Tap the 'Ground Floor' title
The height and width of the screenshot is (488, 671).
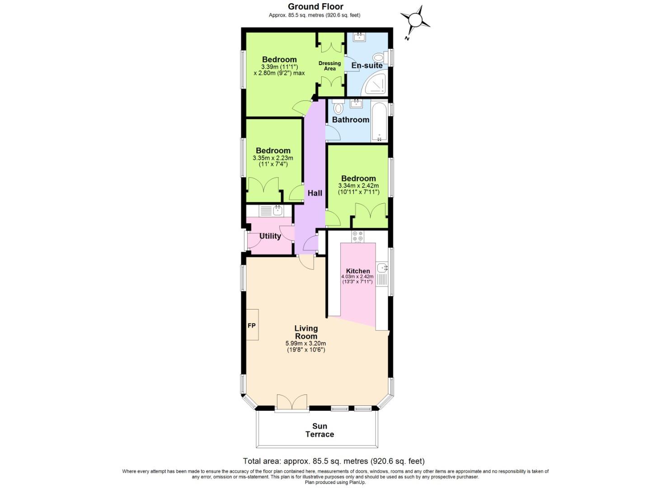[x=315, y=6]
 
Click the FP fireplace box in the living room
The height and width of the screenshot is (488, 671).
[x=252, y=325]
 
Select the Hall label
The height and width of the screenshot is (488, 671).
[x=314, y=193]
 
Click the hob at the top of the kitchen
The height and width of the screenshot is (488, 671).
[x=357, y=236]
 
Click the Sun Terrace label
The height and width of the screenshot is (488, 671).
[x=319, y=430]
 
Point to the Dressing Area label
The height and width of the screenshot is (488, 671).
[x=329, y=66]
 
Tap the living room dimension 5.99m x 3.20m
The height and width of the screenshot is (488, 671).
[x=306, y=347]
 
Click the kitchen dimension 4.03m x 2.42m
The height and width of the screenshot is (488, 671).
[x=357, y=279]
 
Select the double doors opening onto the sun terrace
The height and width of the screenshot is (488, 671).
[x=292, y=402]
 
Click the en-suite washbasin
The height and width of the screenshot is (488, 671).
[x=359, y=38]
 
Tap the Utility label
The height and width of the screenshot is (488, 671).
[x=270, y=236]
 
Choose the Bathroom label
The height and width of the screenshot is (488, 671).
[x=351, y=120]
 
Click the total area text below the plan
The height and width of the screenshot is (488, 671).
[x=333, y=461]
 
